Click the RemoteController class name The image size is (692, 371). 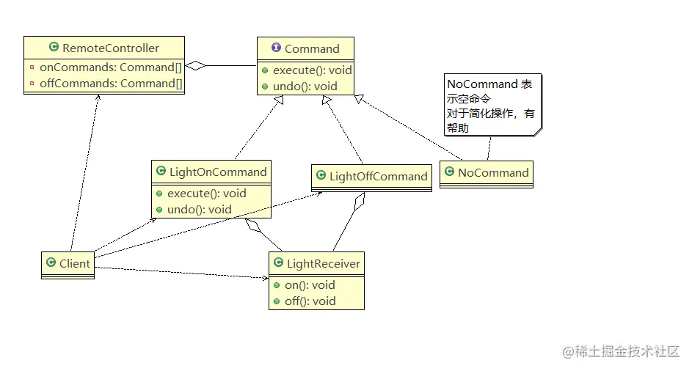click(x=111, y=48)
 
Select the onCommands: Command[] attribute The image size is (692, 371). click(x=111, y=67)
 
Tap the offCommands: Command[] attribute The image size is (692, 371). click(x=111, y=83)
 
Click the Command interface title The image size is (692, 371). click(x=312, y=49)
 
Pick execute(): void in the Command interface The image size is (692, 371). click(x=313, y=70)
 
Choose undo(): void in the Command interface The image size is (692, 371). click(x=305, y=86)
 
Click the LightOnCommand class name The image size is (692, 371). click(x=218, y=172)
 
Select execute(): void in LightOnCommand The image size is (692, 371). click(x=207, y=194)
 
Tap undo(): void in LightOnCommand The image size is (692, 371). click(x=200, y=209)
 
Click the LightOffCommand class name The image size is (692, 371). click(x=378, y=176)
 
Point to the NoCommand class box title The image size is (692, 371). click(x=493, y=173)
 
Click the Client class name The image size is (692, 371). click(x=75, y=263)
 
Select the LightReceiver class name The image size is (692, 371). click(x=324, y=263)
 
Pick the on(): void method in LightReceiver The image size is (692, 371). click(x=310, y=284)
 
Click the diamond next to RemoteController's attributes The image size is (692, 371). click(x=194, y=66)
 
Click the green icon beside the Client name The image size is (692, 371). click(x=50, y=263)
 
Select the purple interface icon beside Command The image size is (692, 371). click(x=276, y=48)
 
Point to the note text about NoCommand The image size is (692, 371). click(x=491, y=106)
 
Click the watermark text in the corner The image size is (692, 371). click(x=622, y=352)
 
